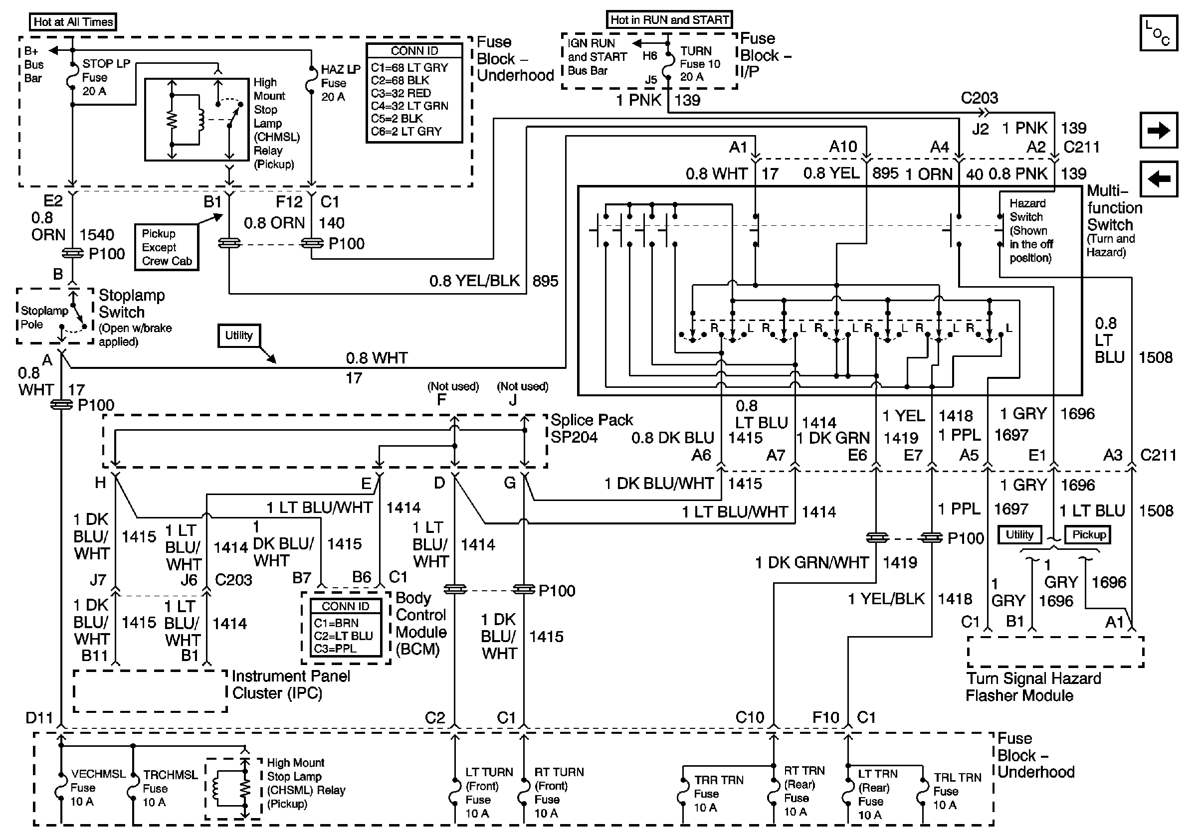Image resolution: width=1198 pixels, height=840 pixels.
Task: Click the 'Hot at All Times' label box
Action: point(72,22)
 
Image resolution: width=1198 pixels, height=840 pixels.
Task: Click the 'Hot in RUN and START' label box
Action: point(669,20)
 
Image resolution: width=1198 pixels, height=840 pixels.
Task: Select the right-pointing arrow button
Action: point(1158,130)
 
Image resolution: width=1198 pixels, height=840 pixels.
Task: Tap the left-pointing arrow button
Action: point(1158,179)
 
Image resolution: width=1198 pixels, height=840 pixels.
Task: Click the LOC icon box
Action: point(1158,33)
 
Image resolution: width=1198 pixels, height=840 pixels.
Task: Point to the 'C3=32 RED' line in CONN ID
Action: point(400,93)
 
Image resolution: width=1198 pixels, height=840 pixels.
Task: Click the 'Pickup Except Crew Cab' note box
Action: point(167,247)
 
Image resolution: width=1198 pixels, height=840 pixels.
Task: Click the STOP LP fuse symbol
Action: point(72,77)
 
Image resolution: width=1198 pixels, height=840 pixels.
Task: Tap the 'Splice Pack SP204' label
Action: point(591,428)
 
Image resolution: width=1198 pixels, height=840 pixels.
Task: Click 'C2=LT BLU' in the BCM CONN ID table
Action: point(343,636)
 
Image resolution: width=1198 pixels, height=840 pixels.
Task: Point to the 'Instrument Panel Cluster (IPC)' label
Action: point(291,684)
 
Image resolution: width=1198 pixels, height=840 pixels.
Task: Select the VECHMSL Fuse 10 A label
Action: point(90,787)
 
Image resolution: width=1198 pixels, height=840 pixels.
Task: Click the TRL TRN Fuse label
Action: point(957,791)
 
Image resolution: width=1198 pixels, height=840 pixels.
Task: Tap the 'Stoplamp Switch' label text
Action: point(132,304)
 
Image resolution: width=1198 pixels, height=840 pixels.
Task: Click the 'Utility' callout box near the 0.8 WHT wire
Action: point(238,336)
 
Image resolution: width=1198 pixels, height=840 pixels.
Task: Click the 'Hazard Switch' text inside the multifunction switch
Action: point(1027,210)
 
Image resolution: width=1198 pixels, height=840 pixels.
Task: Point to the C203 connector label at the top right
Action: point(979,98)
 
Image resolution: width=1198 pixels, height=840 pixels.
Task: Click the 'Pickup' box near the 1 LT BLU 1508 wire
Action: point(1089,534)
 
